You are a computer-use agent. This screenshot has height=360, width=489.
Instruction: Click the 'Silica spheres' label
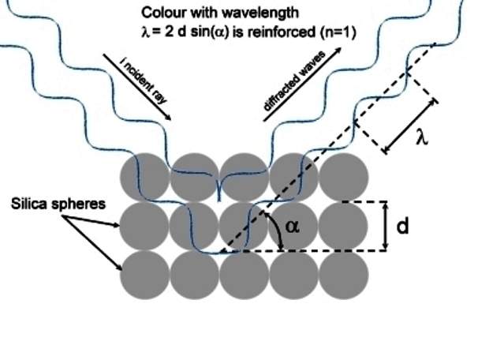pos(58,204)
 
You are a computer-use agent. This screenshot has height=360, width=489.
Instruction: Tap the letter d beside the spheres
pos(403,227)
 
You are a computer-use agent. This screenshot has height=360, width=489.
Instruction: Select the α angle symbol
pos(292,226)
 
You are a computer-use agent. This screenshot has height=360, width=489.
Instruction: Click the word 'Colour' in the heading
pos(162,13)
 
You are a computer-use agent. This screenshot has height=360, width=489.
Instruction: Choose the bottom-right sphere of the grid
pos(343,276)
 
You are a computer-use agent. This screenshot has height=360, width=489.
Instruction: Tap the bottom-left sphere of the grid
pos(144,276)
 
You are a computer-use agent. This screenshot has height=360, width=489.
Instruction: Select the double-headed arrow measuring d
pos(385,227)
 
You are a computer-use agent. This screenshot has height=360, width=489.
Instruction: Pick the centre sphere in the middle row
pos(244,227)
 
